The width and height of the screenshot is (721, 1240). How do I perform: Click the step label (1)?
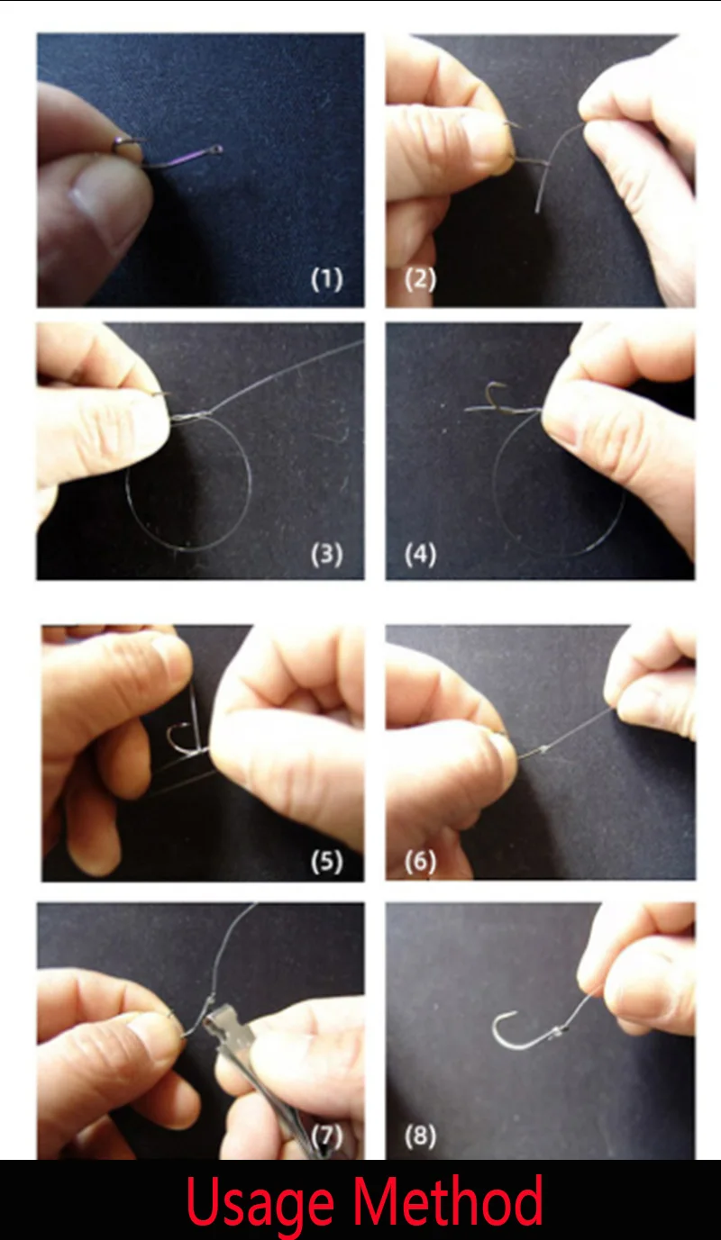(x=326, y=279)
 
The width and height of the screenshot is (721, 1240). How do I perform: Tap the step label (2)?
(x=420, y=279)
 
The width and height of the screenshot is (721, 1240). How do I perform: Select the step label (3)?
(x=326, y=554)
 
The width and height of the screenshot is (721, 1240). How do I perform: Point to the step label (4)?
(x=420, y=554)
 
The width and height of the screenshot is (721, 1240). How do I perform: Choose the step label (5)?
(x=326, y=862)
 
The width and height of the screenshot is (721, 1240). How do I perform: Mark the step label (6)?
(x=420, y=862)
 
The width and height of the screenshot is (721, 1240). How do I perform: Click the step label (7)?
(x=326, y=1136)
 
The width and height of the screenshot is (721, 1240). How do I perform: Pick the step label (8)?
(x=420, y=1136)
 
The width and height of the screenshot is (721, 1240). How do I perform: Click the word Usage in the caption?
(x=260, y=1203)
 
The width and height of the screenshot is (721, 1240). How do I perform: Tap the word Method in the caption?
(x=447, y=1198)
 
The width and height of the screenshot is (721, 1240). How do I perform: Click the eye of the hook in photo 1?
(x=216, y=149)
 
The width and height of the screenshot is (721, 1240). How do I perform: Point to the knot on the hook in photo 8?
(x=559, y=1031)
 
